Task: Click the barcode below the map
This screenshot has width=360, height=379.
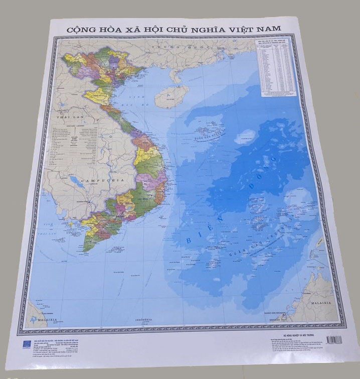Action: (334, 339)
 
